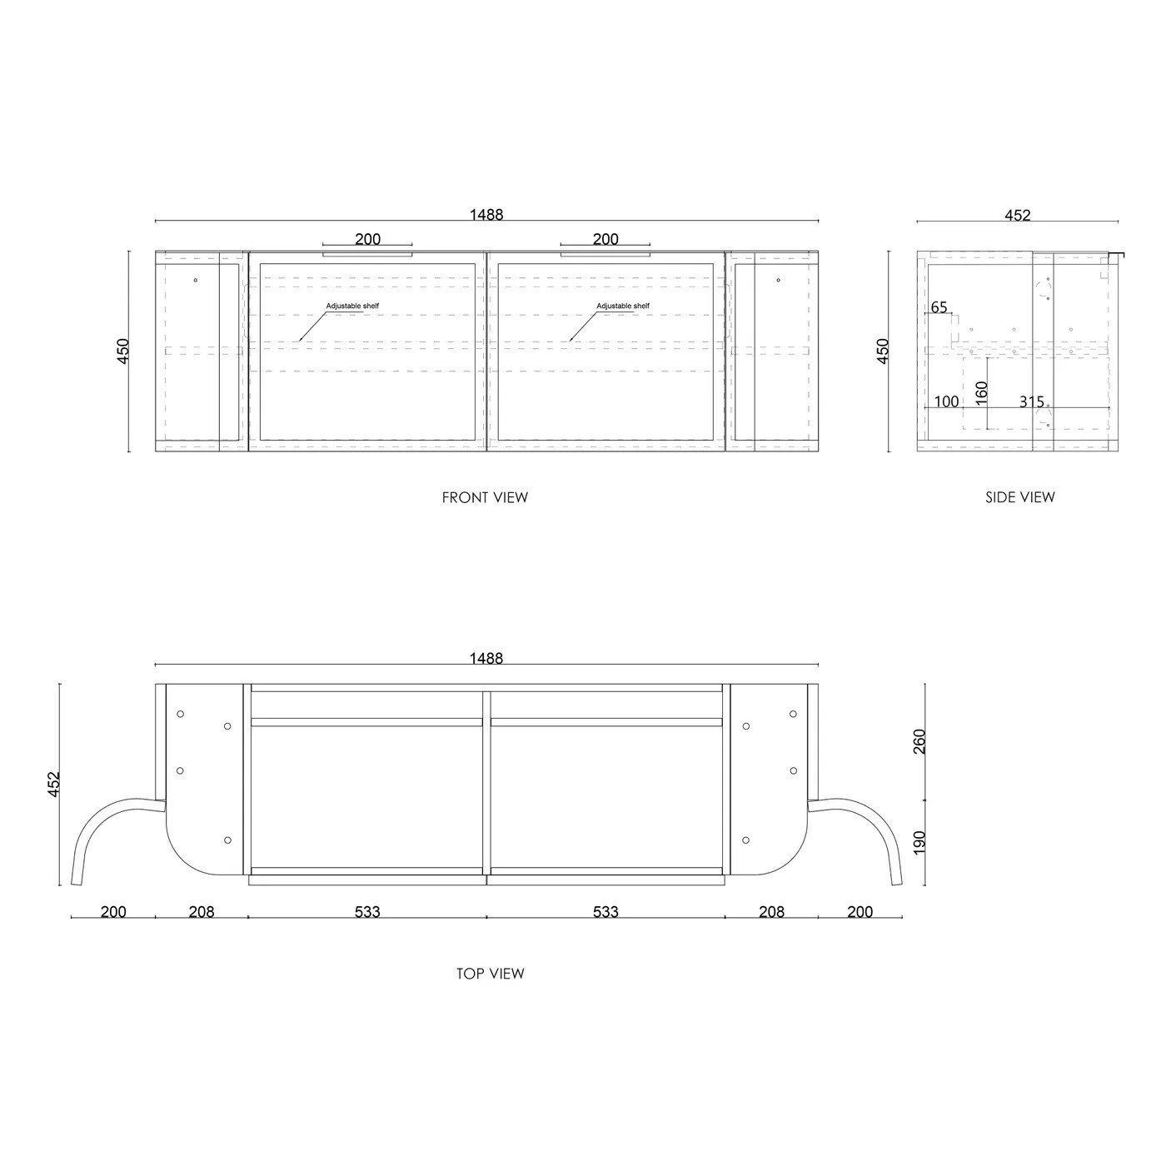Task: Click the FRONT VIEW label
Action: click(x=485, y=497)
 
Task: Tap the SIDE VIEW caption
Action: click(x=1019, y=497)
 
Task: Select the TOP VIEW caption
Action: click(x=490, y=974)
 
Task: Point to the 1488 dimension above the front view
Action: click(x=486, y=214)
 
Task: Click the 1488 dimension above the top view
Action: click(x=486, y=658)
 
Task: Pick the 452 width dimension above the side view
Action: click(x=1018, y=215)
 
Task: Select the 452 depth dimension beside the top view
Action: click(x=53, y=785)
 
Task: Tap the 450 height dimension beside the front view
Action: click(x=122, y=351)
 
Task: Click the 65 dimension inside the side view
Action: click(x=939, y=307)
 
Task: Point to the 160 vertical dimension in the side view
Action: click(x=981, y=393)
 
